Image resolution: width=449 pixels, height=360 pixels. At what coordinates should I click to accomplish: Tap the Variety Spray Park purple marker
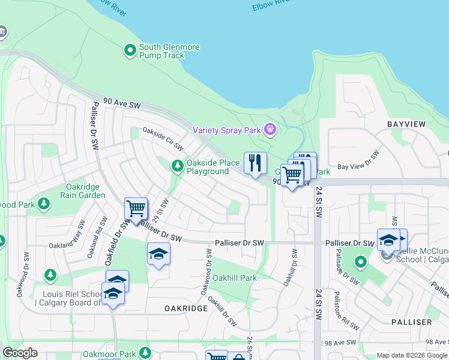[270, 128]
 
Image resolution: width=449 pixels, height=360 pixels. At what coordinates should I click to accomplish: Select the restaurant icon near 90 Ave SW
[255, 163]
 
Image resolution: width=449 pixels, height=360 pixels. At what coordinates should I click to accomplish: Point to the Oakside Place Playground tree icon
[177, 166]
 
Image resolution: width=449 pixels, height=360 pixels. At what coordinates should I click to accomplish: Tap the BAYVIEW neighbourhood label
[406, 124]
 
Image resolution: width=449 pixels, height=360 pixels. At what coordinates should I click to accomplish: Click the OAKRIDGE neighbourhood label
[186, 308]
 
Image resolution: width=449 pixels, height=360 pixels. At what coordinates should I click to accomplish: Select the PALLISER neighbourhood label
[411, 322]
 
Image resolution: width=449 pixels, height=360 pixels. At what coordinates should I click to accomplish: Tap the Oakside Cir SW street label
[161, 137]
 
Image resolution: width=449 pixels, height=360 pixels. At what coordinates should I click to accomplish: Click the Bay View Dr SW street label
[360, 159]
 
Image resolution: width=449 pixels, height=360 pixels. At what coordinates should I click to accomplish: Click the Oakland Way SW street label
[76, 236]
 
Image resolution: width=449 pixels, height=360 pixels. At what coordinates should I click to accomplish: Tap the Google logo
[20, 353]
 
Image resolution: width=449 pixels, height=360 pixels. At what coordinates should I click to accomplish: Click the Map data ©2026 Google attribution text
[411, 355]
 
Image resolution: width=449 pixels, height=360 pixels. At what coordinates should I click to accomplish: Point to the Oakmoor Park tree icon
[145, 353]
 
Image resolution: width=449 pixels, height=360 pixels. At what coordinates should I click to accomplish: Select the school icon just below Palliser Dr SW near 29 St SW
[158, 254]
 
